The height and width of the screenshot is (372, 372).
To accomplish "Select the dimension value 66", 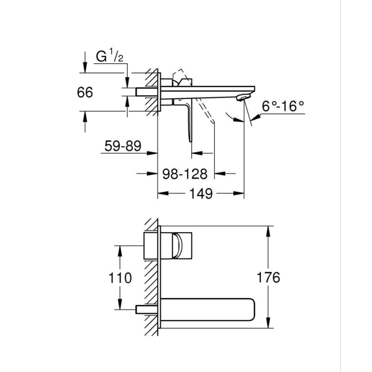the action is pos(85,92).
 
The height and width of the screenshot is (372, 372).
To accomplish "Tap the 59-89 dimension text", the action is pos(123,146).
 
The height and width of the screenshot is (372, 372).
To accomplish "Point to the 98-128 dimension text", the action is pos(185,173).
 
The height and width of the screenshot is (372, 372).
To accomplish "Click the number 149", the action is pos(201,193).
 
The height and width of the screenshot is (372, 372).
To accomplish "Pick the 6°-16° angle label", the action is pos(283,106).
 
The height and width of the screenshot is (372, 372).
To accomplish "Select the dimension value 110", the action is pos(120,278).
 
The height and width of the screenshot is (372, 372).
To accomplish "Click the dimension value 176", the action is pos(268,277).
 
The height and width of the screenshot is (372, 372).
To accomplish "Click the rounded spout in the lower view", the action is pos(208,309).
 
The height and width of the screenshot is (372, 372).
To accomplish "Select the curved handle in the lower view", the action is pos(178,246).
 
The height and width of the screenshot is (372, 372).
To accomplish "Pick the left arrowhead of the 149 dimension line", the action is pos(163,193).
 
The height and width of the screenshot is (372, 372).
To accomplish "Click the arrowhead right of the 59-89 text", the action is pos(153,153).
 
